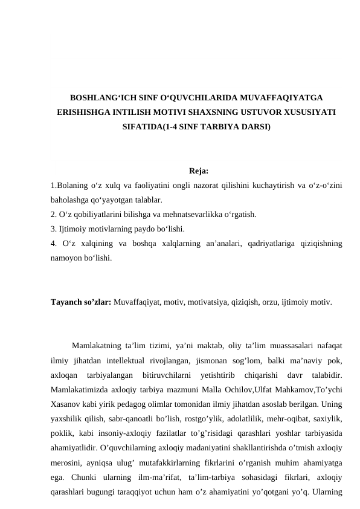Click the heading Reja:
199,171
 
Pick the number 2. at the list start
54,214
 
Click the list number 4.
54,244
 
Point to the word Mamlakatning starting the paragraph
98,346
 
